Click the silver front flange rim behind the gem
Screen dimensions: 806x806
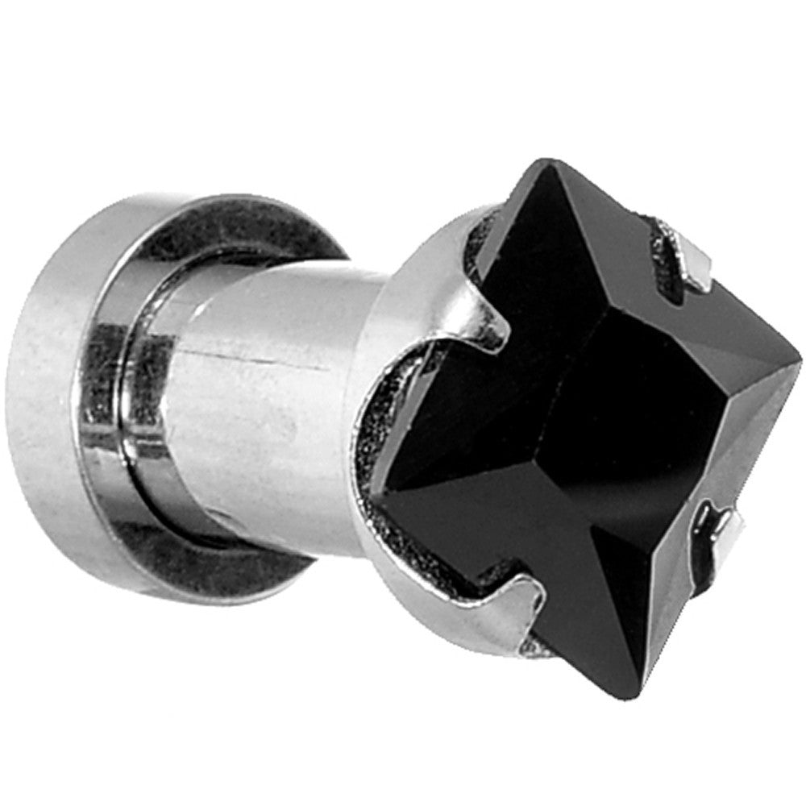[x=419, y=266]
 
